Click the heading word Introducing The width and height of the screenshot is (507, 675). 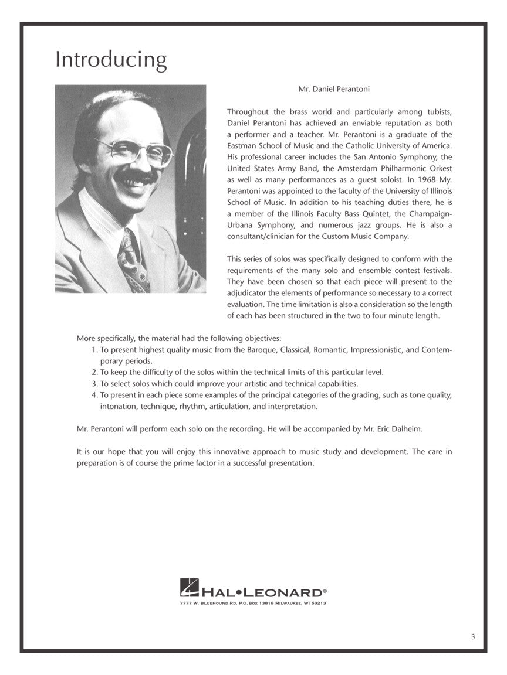coord(111,60)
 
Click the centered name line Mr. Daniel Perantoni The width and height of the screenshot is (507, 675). coord(334,90)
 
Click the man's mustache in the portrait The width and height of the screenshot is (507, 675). coord(136,175)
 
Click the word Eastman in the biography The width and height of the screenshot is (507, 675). coord(242,145)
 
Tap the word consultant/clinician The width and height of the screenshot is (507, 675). coord(262,236)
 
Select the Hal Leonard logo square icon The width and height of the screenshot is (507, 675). coord(189,587)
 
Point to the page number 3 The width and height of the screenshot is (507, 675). coord(472,637)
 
